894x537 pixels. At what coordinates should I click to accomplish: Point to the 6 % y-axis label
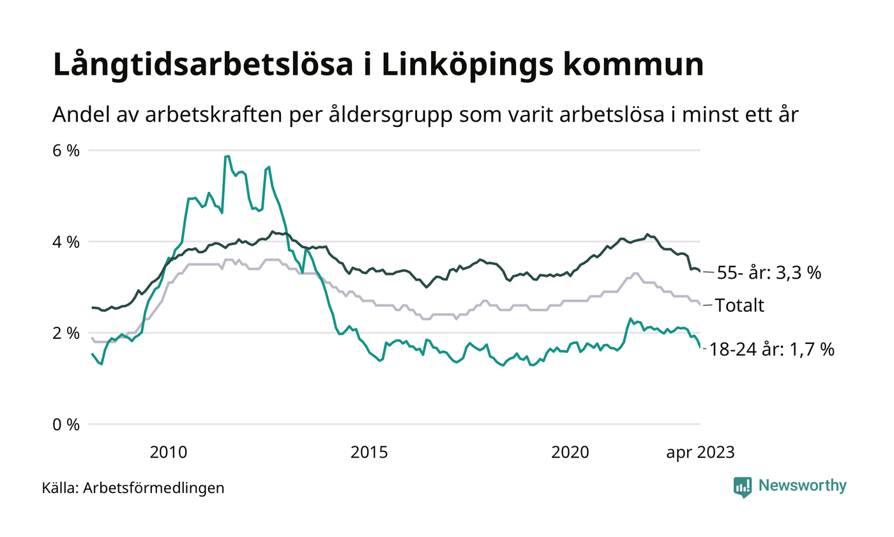(66, 151)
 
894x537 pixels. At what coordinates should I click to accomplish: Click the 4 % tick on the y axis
(66, 242)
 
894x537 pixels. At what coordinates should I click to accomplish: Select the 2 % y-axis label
(66, 333)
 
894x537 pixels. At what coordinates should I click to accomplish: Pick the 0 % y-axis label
(66, 424)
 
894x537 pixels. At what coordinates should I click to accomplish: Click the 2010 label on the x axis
(169, 453)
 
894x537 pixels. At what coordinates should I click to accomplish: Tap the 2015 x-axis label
(370, 453)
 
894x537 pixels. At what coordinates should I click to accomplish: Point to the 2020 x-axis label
(571, 453)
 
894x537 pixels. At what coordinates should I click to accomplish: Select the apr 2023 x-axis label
(701, 453)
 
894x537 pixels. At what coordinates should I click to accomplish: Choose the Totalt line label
(739, 306)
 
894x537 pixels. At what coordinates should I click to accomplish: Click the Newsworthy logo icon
(743, 487)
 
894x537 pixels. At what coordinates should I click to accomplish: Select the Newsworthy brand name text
(803, 486)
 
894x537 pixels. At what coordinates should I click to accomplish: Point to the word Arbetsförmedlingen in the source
(154, 488)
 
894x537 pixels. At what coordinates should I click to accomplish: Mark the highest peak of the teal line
(227, 156)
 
